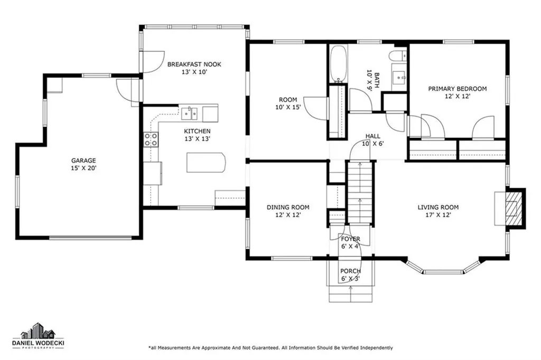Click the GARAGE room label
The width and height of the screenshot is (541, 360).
[83, 161]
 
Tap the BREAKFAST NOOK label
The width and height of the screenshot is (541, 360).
[194, 64]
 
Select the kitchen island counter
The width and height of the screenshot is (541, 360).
[206, 163]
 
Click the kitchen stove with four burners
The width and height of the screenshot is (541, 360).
[151, 140]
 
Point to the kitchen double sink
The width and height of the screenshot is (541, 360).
[190, 113]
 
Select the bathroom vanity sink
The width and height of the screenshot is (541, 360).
[399, 77]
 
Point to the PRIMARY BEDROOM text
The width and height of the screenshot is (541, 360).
[458, 89]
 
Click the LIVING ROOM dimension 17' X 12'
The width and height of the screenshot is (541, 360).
[438, 215]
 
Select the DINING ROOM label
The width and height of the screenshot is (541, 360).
[288, 207]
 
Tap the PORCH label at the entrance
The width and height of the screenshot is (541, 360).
[350, 271]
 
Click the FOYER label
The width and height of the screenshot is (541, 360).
[351, 239]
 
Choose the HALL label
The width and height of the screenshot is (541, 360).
[372, 136]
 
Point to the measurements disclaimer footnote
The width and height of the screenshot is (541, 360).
[270, 347]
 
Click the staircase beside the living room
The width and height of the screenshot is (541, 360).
[360, 192]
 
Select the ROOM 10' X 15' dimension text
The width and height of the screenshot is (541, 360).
[288, 107]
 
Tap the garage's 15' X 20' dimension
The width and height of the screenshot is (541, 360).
[83, 168]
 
